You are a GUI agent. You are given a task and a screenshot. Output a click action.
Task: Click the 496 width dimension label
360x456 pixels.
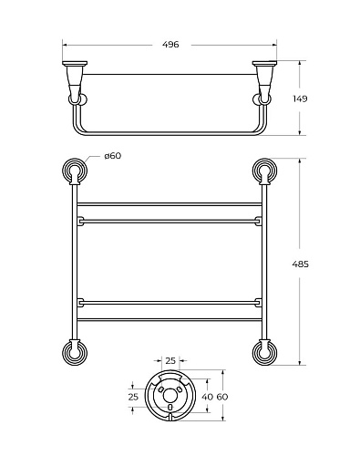pyautogui.click(x=170, y=45)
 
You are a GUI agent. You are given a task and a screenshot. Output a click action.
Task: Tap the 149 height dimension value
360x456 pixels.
pyautogui.click(x=300, y=98)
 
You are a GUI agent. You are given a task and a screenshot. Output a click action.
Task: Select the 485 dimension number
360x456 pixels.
pyautogui.click(x=300, y=264)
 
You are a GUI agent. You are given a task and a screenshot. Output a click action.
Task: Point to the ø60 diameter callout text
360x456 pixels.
pyautogui.click(x=112, y=156)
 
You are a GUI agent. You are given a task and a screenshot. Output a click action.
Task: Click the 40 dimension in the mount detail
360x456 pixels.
pyautogui.click(x=208, y=397)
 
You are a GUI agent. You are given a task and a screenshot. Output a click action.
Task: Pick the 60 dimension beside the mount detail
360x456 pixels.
pyautogui.click(x=222, y=397)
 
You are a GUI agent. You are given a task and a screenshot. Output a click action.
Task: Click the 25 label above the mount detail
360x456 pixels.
pyautogui.click(x=170, y=361)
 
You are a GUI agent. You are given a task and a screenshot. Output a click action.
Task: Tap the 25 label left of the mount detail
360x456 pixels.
pyautogui.click(x=133, y=397)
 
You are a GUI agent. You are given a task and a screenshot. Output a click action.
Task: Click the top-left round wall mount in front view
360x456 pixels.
pyautogui.click(x=75, y=171)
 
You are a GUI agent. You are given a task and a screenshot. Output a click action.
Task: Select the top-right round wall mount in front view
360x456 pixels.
pyautogui.click(x=264, y=171)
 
